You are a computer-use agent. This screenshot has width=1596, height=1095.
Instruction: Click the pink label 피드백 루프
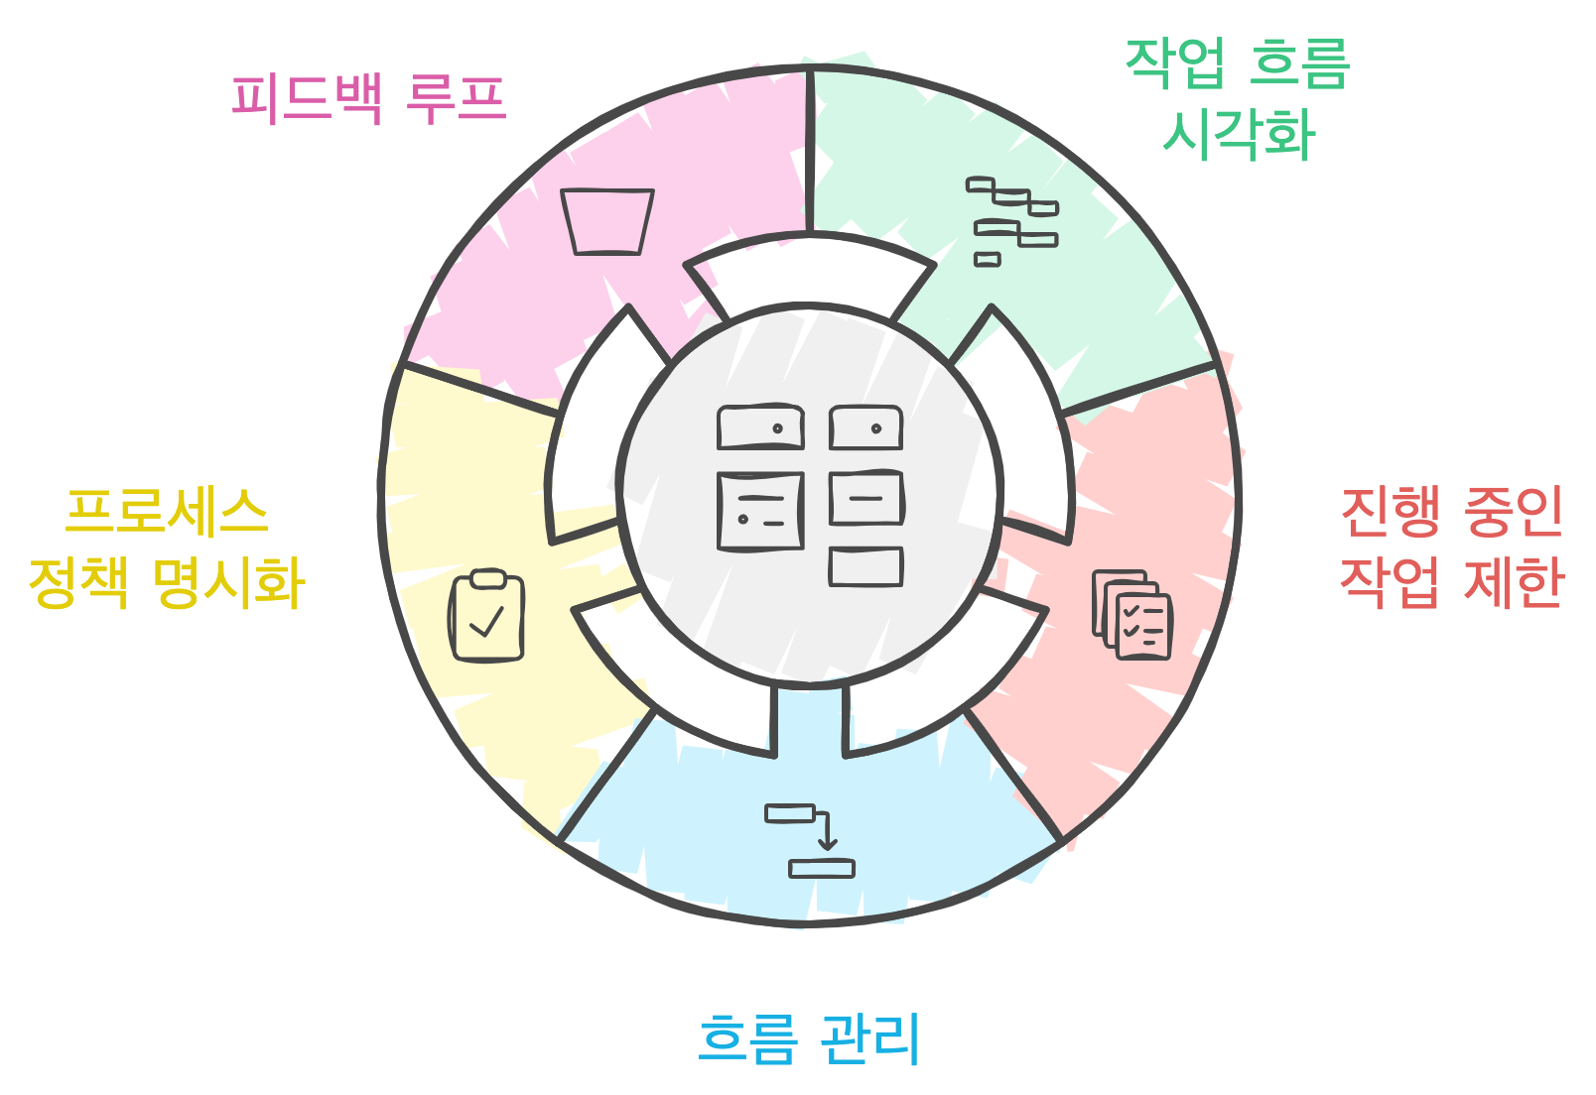pos(368,98)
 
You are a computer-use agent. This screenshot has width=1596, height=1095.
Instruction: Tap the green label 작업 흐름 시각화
pos(1238,98)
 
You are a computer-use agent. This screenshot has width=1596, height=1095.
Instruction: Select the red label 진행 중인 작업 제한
pos(1451,546)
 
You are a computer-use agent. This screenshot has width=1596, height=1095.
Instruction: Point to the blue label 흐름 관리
pos(809,1038)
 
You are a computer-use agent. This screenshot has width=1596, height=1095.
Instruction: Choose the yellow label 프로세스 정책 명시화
pos(167,547)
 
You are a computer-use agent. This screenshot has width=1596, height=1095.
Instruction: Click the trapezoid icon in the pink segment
pos(607,221)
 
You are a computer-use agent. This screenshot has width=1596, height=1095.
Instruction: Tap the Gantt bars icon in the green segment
pos(1011,221)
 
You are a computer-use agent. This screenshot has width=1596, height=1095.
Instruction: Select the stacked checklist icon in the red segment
pos(1132,614)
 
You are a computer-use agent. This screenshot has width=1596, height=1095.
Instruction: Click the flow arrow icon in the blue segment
pos(809,840)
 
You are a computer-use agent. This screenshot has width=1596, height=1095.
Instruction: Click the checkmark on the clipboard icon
pos(486,623)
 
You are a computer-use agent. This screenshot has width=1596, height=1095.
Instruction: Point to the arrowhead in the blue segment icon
pos(827,845)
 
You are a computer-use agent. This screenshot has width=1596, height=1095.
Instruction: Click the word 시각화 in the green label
pos(1238,134)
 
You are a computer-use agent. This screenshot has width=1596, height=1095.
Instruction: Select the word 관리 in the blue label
pos(870,1038)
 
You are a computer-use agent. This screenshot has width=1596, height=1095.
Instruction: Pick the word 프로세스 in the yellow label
pos(167,511)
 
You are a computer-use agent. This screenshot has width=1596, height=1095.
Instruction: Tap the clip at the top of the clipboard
pos(487,578)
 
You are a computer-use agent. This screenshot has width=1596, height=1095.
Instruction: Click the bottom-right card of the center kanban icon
pos(865,566)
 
